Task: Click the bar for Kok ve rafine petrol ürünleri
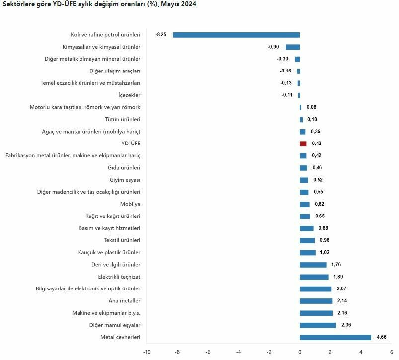tap(236, 35)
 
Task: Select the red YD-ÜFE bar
tap(303, 144)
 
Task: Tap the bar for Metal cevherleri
tap(335, 337)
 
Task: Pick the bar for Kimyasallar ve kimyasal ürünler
tap(292, 47)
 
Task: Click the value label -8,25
tap(160, 35)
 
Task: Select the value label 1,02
tap(324, 252)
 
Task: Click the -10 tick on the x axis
tap(147, 352)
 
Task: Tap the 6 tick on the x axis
tap(392, 352)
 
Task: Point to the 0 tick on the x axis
tap(300, 352)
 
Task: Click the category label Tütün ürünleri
tap(122, 119)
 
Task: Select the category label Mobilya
tap(130, 204)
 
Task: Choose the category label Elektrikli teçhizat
tap(119, 277)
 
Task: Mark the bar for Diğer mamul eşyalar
tap(318, 325)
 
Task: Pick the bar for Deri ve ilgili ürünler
tap(313, 265)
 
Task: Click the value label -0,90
tap(273, 47)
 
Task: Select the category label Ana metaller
tap(124, 301)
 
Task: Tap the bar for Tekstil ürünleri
tap(307, 240)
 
